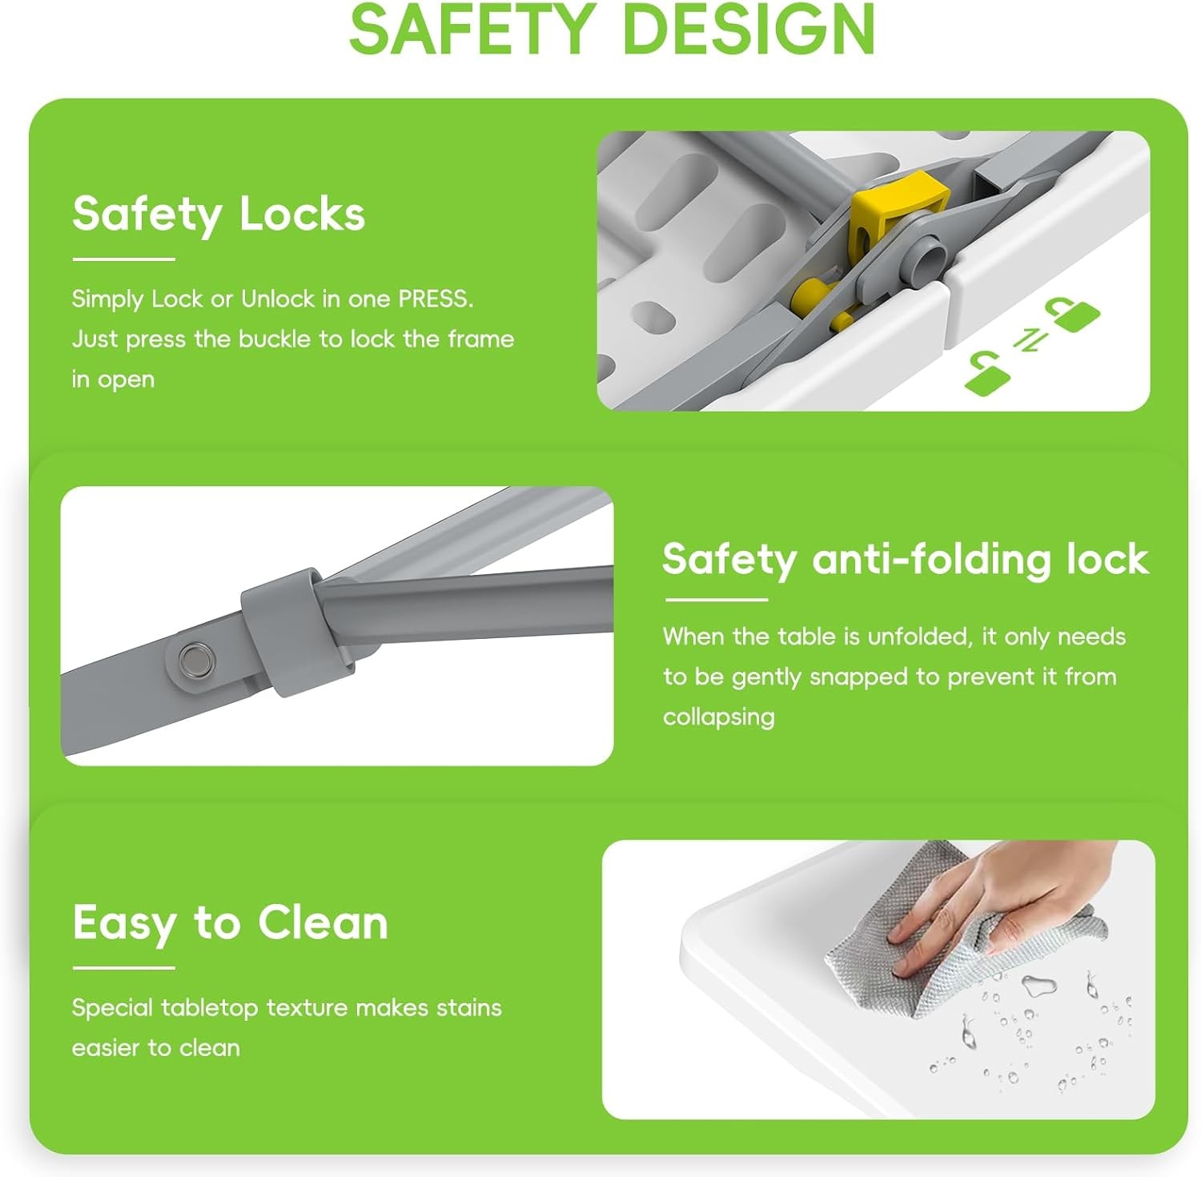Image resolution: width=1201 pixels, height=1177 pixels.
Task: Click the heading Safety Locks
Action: [219, 215]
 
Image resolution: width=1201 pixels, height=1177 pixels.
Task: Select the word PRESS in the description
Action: [436, 299]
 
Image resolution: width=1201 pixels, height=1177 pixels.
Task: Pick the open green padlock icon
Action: [987, 373]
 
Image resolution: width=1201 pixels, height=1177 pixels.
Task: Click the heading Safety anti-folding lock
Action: [906, 560]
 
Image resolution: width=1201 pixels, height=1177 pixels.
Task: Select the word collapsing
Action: [718, 717]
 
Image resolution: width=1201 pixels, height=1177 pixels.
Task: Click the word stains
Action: [469, 1007]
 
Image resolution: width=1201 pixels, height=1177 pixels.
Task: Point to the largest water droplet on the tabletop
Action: [1038, 985]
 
